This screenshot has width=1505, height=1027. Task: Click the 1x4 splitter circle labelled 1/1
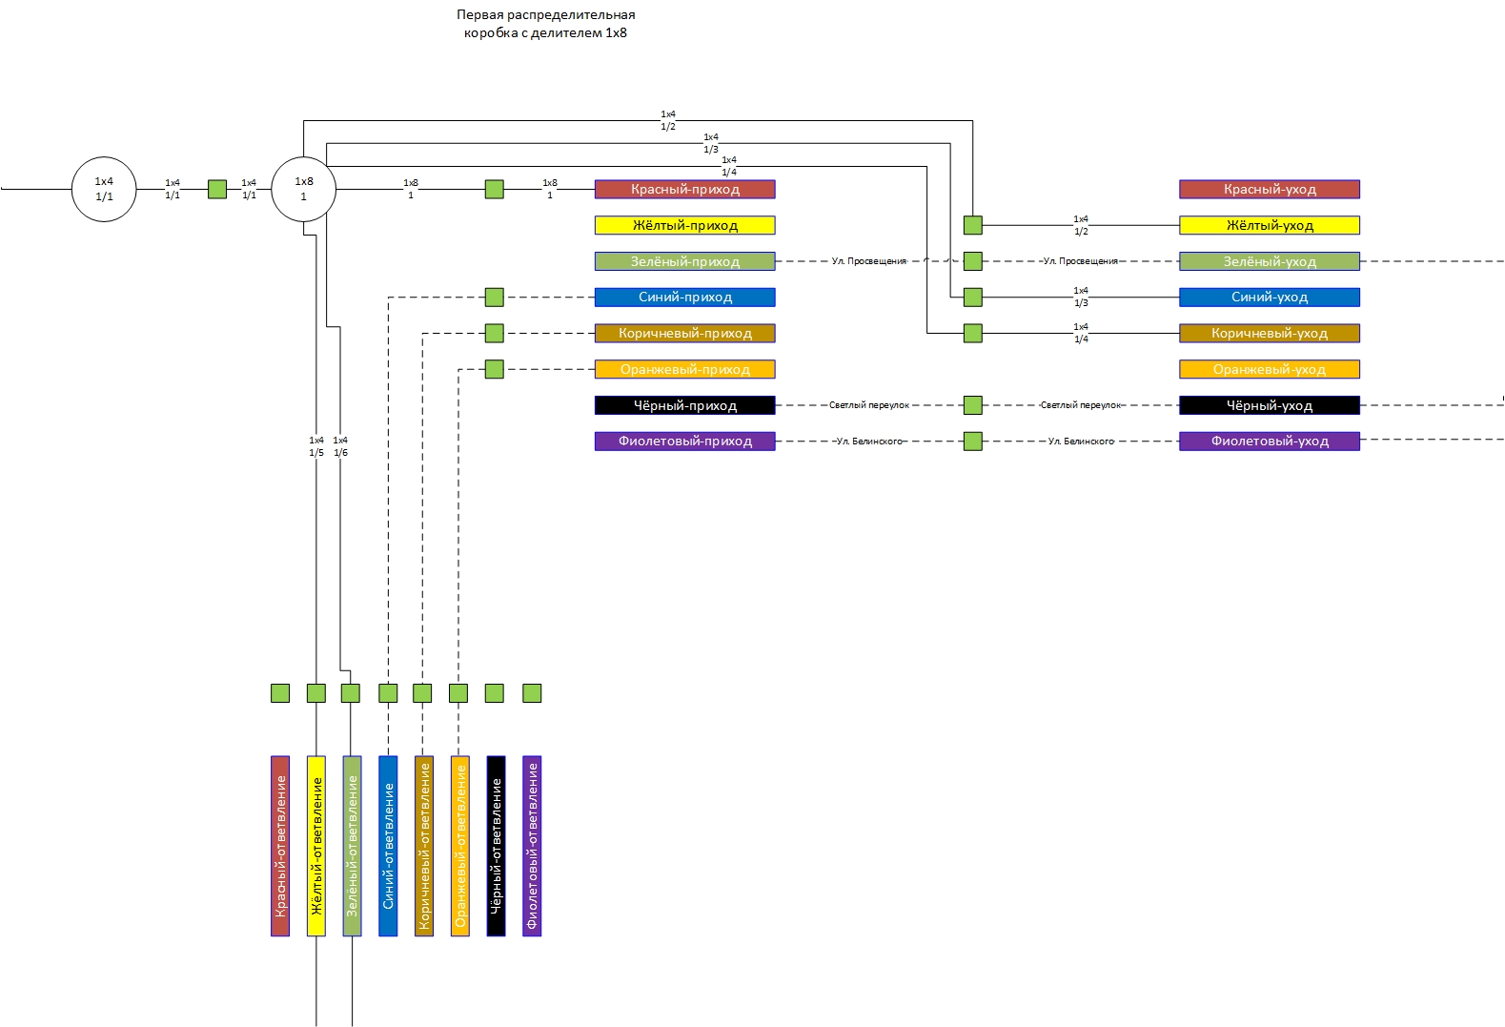click(104, 189)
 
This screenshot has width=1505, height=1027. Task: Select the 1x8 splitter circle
click(303, 189)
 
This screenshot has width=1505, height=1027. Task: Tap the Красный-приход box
click(684, 189)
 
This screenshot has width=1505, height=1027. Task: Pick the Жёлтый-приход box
click(684, 225)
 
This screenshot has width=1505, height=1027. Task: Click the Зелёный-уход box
click(1269, 261)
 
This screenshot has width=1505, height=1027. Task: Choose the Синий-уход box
click(1269, 297)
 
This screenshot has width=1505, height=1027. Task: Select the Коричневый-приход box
click(684, 333)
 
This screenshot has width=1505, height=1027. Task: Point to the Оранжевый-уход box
click(1269, 369)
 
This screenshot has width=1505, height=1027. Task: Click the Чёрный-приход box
click(684, 405)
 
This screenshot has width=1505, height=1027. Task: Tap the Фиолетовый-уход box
click(1269, 441)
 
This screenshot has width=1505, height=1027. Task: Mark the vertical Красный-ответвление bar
click(280, 846)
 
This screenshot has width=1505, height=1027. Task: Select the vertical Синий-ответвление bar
click(388, 846)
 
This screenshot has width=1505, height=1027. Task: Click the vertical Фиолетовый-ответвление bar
click(532, 846)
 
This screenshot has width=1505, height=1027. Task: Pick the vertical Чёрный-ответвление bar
click(496, 846)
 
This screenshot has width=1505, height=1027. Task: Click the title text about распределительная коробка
click(545, 24)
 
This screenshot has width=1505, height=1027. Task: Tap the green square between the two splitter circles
click(217, 189)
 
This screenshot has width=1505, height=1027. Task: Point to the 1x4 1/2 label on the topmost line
click(668, 120)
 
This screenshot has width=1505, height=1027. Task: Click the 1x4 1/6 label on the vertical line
click(340, 446)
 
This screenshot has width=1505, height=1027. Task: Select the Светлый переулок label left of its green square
click(868, 405)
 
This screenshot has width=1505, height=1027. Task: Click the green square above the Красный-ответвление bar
click(280, 693)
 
